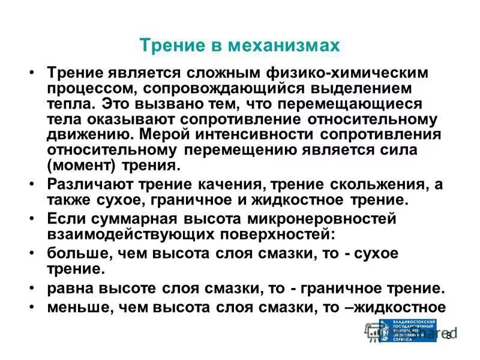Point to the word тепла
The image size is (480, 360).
[68, 104]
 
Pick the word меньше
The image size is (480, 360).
[74, 307]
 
